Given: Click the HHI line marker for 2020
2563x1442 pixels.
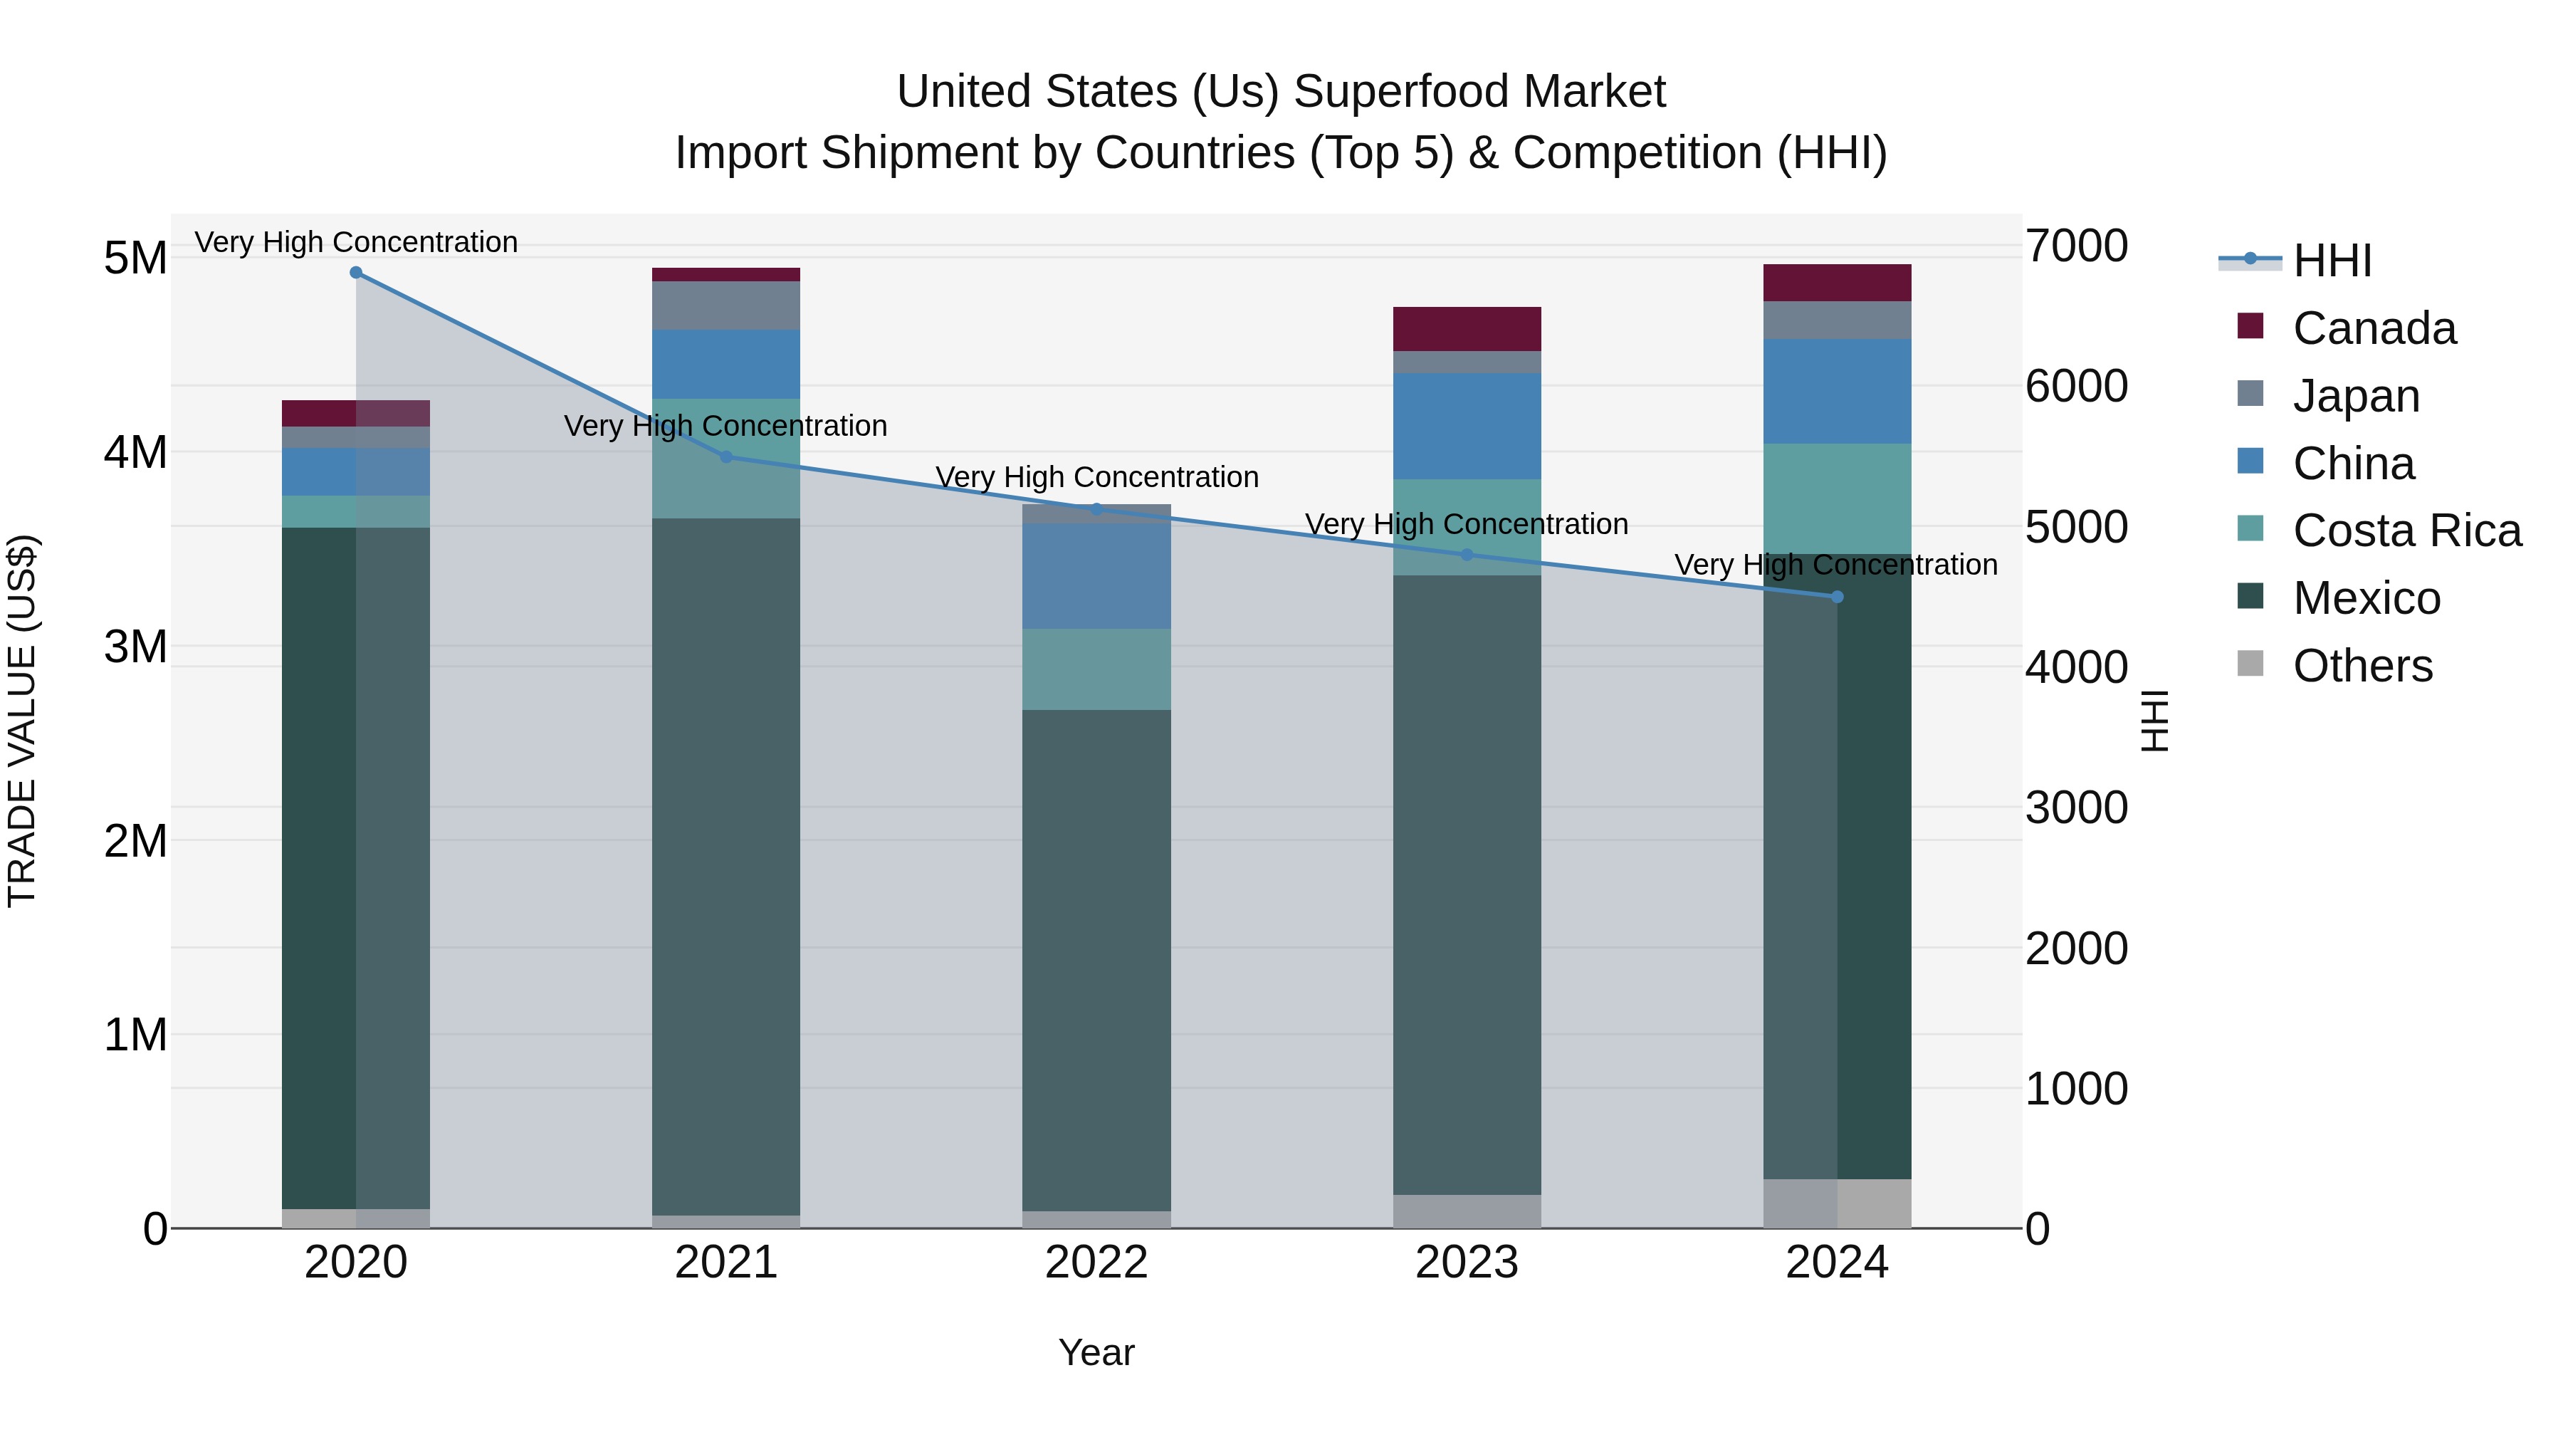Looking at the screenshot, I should tap(356, 273).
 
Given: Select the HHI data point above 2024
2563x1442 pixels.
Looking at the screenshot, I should tap(1837, 597).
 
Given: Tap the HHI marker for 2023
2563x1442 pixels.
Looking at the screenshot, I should tap(1467, 555).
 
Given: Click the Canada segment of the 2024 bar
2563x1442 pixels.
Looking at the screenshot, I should tap(1837, 283).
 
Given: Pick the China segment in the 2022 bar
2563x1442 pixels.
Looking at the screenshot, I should tap(1096, 576).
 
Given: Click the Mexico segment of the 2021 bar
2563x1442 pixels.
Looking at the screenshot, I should tap(726, 866).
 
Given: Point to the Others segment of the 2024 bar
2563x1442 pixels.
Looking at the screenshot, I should tap(1837, 1203).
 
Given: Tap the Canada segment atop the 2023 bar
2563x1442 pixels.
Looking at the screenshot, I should tap(1467, 328).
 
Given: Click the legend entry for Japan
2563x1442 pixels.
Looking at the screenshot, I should tap(2355, 396).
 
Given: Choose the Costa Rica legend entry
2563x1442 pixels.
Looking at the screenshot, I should tap(2406, 531).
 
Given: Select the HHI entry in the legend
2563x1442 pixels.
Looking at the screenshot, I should tap(2331, 261).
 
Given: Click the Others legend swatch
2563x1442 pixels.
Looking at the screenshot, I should tap(2250, 664).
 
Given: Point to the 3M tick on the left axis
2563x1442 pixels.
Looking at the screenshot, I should tap(135, 647).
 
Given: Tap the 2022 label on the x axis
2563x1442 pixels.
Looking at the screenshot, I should tap(1096, 1263).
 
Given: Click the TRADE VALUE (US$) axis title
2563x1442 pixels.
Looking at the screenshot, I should tap(22, 721).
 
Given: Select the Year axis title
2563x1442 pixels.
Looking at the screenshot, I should tap(1096, 1352).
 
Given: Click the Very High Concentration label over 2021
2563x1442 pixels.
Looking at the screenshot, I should tap(725, 426).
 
